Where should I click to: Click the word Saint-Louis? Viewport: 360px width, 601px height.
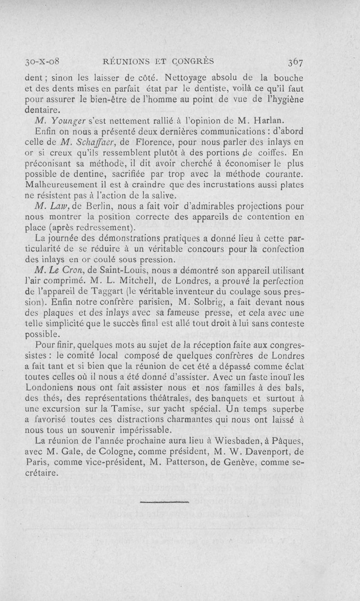(127, 271)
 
